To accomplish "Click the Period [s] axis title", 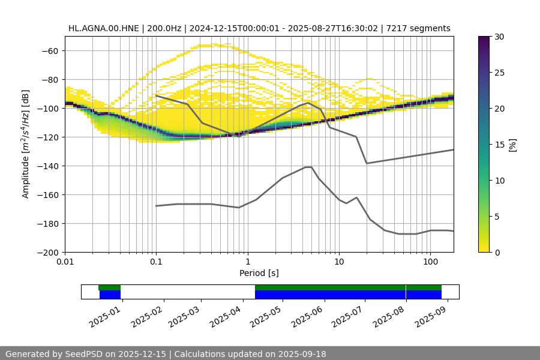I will click(259, 274).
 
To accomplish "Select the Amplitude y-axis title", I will click(26, 144).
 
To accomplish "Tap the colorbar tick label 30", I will click(499, 37).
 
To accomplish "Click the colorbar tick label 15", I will click(499, 145).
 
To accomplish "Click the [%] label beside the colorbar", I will click(512, 145).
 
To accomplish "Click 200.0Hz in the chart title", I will click(158, 28).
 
